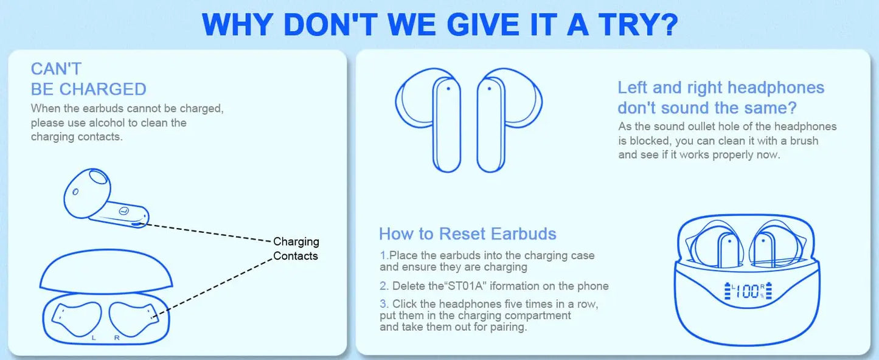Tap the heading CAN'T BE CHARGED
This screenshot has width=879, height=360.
click(x=88, y=79)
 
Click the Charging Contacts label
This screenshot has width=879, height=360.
click(x=296, y=249)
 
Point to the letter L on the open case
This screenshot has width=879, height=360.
click(x=93, y=337)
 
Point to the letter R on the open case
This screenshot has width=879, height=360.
click(x=116, y=337)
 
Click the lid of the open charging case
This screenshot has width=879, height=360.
click(x=107, y=272)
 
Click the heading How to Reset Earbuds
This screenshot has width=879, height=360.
click(x=467, y=234)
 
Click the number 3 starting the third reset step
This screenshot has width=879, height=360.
click(x=383, y=303)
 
